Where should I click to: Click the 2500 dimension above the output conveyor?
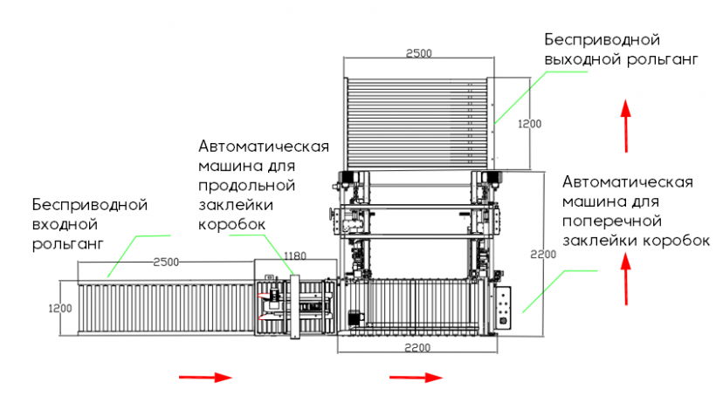tap(419, 53)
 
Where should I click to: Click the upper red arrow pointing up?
tap(625, 126)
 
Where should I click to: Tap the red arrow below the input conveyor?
tap(205, 378)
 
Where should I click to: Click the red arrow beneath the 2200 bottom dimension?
tap(416, 378)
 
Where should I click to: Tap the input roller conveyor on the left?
tap(165, 308)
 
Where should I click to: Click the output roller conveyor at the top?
tap(417, 121)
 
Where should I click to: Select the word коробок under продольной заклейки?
tap(231, 225)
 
